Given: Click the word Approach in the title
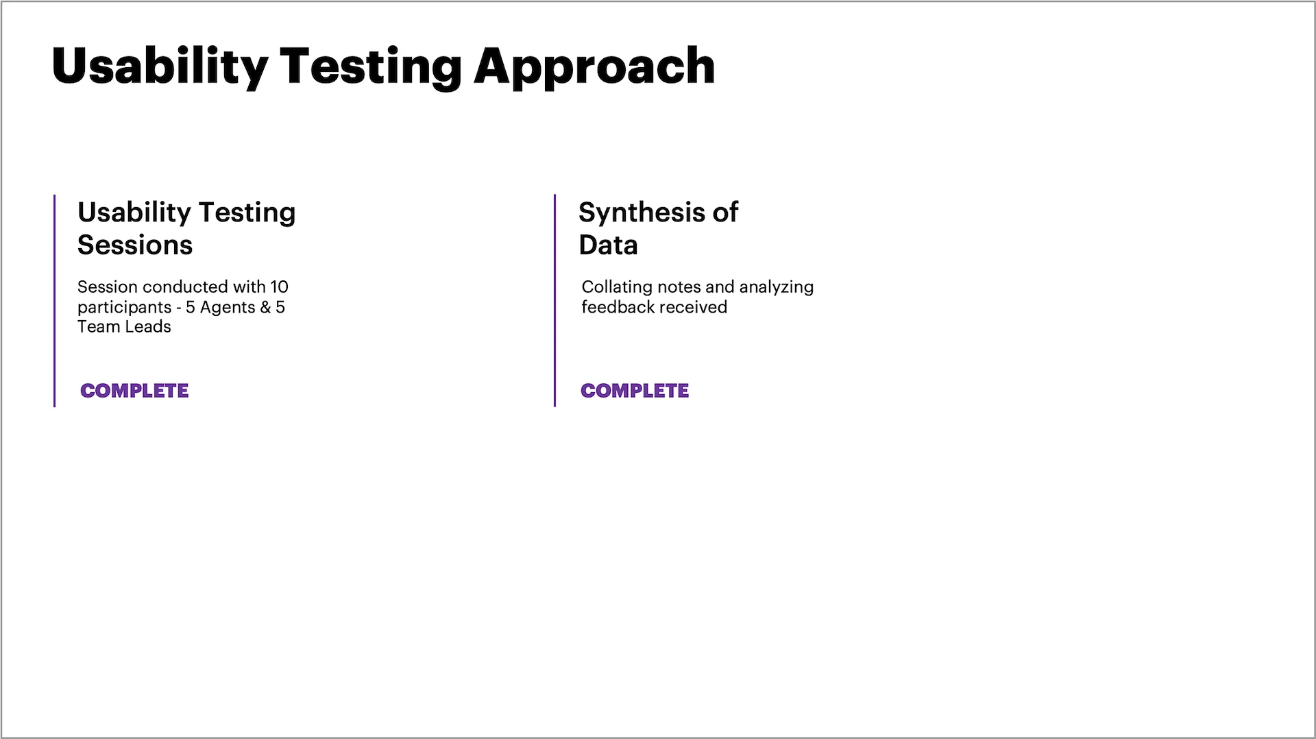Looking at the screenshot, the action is coord(594,68).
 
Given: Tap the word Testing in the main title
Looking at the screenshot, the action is coord(371,68).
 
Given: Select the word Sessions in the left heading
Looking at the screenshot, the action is coord(135,245).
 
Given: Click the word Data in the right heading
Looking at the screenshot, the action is coord(608,245).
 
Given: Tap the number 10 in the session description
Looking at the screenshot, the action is coord(279,287).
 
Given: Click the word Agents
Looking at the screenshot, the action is coord(228,308).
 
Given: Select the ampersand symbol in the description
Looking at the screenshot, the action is coord(265,307).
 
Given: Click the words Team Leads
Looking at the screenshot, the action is coord(124,327).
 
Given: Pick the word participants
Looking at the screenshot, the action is coord(124,308).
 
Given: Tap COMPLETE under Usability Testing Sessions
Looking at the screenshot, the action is coord(134,391).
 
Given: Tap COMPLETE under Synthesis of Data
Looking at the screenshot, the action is coord(635,391).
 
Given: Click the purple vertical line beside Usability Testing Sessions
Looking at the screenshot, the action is coord(54,301).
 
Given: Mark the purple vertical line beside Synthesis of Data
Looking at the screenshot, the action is coord(555,301).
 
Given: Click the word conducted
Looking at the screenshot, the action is coord(185,287).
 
